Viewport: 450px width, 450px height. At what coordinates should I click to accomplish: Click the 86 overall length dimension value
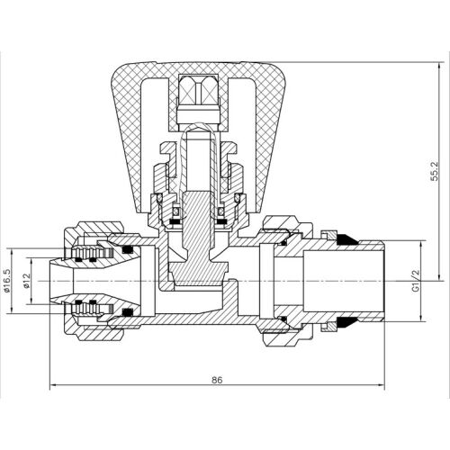point(217,380)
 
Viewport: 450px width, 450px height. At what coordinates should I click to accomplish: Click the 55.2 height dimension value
point(434,172)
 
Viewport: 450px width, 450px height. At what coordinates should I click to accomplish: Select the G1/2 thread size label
point(416,281)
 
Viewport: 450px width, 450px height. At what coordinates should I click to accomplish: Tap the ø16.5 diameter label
point(6,281)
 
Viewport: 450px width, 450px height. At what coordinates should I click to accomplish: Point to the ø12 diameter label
point(27,281)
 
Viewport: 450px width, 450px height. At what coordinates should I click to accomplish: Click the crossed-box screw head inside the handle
point(198,88)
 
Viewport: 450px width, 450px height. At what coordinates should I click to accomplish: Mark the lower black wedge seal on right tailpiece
point(347,323)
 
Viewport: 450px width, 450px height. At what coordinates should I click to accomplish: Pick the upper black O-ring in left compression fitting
point(129,249)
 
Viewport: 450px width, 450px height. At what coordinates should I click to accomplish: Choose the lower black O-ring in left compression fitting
point(129,312)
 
